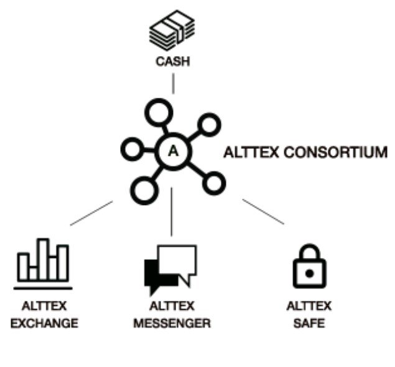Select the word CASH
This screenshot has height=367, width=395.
click(x=173, y=62)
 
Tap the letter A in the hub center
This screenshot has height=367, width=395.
click(x=173, y=150)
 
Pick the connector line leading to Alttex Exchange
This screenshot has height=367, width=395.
click(x=91, y=213)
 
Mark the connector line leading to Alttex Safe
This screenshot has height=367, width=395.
click(x=263, y=212)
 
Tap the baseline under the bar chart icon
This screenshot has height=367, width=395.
click(x=43, y=288)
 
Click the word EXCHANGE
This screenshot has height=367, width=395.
click(x=44, y=323)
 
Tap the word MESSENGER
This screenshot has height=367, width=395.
click(x=172, y=323)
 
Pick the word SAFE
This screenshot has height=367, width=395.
click(x=309, y=323)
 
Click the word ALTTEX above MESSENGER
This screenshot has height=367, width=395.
click(x=172, y=307)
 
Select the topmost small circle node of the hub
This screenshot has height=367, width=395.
click(x=155, y=113)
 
